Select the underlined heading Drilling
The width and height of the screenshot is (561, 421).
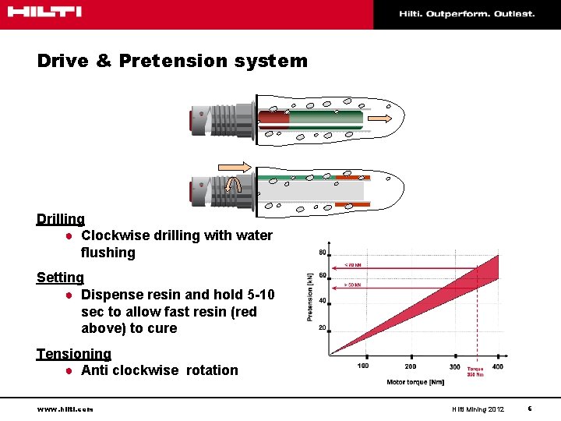(60, 219)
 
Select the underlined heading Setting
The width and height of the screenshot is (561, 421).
(60, 278)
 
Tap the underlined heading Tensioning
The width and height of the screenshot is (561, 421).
(73, 354)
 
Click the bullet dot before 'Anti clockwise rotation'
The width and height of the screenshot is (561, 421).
(69, 371)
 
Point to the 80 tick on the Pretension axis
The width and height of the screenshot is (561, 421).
(322, 252)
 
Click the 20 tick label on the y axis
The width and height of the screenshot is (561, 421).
(322, 327)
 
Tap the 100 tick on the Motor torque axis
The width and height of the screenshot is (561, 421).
(363, 366)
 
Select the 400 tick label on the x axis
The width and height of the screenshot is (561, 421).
(497, 366)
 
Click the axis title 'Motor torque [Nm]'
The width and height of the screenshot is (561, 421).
(415, 382)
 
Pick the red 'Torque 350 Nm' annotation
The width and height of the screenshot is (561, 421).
(475, 372)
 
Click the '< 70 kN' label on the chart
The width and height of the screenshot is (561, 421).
(353, 265)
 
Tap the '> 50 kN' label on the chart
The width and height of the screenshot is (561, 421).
(353, 285)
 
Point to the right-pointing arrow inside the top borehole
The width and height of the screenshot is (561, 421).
(380, 118)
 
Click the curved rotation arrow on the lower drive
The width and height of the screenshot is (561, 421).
(232, 185)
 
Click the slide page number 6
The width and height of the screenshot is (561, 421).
(529, 409)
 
